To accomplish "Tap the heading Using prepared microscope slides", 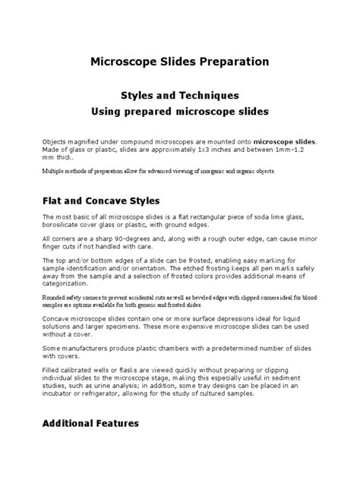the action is [180, 111].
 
